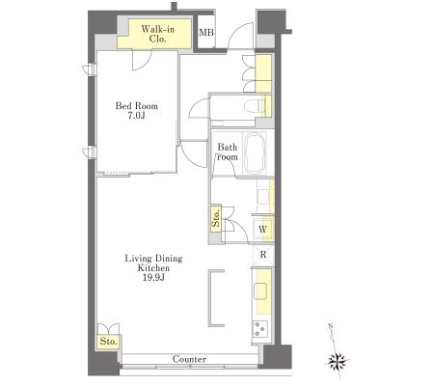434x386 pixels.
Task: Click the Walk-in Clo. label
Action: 158,34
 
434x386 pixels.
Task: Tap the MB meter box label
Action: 206,33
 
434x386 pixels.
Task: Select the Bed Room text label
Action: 137,106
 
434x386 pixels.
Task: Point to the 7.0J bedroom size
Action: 137,116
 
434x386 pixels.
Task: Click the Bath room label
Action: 228,152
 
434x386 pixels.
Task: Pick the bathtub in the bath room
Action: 255,153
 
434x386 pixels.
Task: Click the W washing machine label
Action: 262,230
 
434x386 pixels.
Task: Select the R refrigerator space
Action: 263,255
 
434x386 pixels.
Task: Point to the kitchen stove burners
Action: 260,329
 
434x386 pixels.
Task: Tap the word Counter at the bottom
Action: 189,359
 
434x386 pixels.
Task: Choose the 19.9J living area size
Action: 153,277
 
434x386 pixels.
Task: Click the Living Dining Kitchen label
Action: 153,262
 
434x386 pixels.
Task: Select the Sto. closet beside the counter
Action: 108,342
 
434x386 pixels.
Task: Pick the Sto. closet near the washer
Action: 216,218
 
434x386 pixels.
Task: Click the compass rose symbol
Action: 337,362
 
